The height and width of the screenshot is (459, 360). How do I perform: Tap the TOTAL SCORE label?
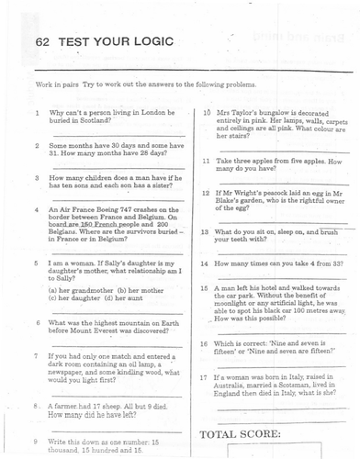pos(242,432)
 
